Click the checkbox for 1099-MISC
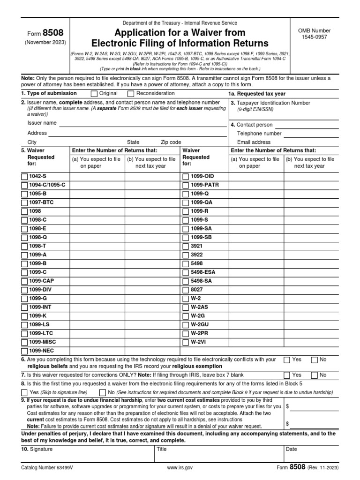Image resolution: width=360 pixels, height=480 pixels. coord(24,342)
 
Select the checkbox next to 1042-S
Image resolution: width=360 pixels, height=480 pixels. coord(24,176)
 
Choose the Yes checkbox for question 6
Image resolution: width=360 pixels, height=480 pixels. coord(287,360)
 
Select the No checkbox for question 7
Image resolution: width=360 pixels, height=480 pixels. coord(314,375)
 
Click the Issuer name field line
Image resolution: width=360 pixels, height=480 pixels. coord(141,124)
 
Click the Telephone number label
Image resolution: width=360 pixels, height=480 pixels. coord(259,134)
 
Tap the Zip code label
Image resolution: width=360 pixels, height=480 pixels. coord(171,142)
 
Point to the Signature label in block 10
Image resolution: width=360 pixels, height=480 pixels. coord(41,449)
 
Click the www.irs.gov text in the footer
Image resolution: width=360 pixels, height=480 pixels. coord(180,468)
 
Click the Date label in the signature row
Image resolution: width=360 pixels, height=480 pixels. coord(291,449)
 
